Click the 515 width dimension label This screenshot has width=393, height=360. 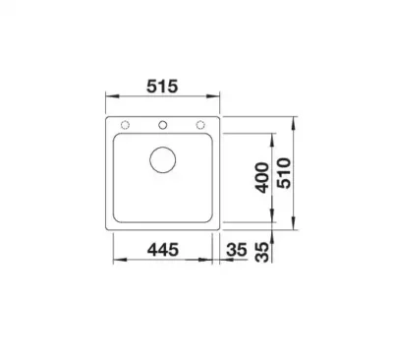click(x=162, y=87)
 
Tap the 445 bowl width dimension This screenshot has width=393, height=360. click(x=163, y=250)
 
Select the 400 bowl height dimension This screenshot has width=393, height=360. click(x=262, y=177)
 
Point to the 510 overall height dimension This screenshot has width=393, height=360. click(x=284, y=173)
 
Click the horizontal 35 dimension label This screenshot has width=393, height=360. click(x=237, y=250)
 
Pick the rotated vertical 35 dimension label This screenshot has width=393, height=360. click(x=262, y=253)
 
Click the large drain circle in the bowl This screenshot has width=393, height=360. click(x=163, y=160)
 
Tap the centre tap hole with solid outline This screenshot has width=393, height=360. click(x=163, y=125)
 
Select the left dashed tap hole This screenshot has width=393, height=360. click(x=125, y=125)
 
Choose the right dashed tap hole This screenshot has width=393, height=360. click(x=200, y=125)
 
